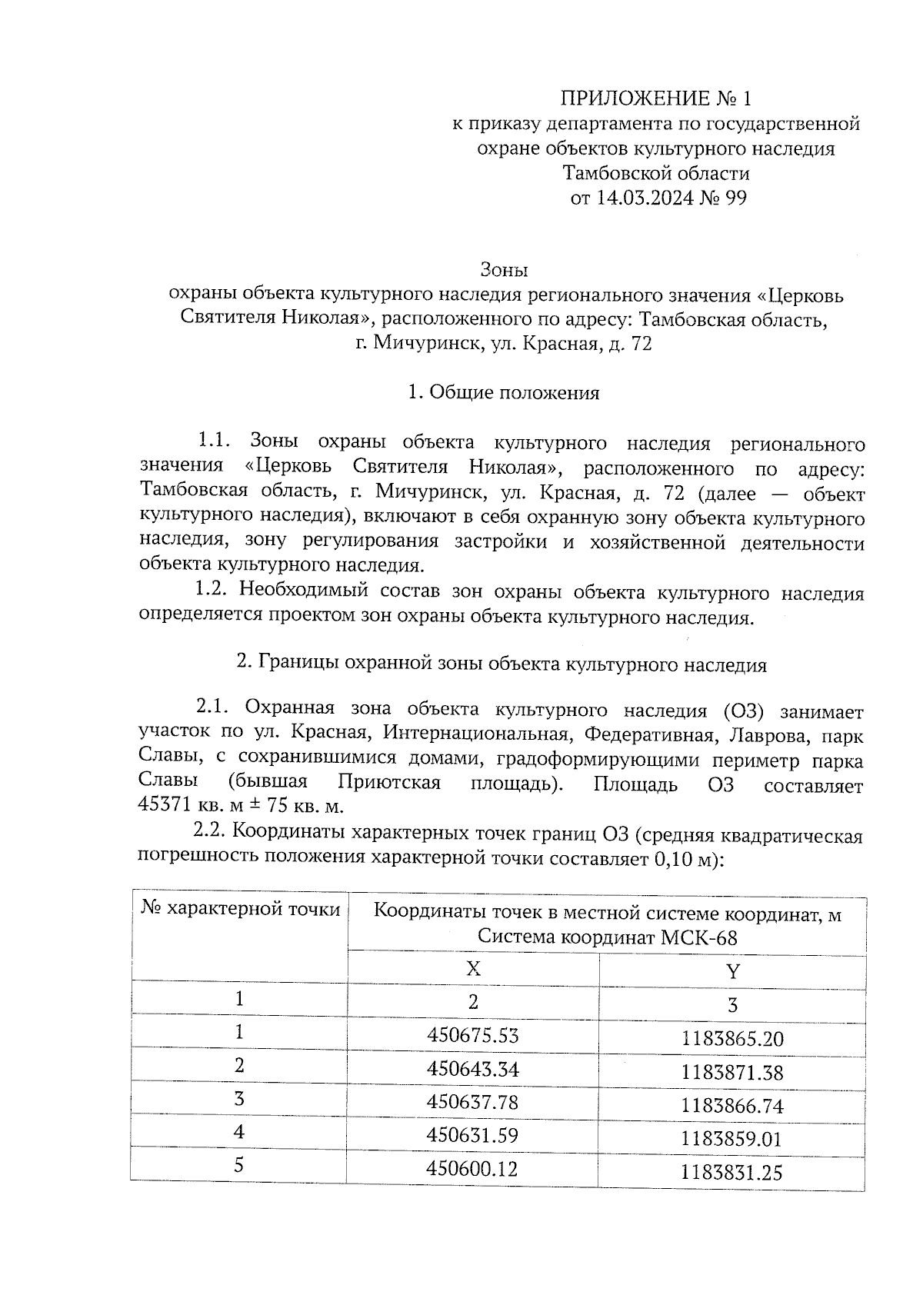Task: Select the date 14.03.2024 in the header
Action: (x=645, y=198)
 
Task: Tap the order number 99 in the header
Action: (x=735, y=198)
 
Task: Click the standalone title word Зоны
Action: (x=505, y=270)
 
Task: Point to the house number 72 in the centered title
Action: (x=641, y=344)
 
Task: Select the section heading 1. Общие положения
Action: (x=504, y=393)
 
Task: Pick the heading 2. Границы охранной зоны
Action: (x=501, y=664)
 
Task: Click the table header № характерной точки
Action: (x=241, y=910)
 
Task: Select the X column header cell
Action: (x=473, y=968)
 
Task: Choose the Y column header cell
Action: (x=732, y=970)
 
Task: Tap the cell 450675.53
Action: (x=472, y=1035)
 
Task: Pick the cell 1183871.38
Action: (x=731, y=1073)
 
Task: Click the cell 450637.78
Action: (x=472, y=1102)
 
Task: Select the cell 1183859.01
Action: (x=731, y=1139)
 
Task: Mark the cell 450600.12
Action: (x=472, y=1169)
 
